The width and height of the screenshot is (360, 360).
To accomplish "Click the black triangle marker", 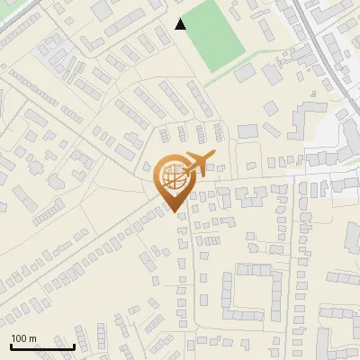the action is tap(181, 24).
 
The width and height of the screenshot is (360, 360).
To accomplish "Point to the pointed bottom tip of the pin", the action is tap(173, 211).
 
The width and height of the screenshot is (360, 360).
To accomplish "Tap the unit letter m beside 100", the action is tap(32, 338).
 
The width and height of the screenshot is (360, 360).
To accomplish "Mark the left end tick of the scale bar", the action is tap(11, 346).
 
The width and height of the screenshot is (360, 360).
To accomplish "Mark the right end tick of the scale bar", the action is tap(74, 346).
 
